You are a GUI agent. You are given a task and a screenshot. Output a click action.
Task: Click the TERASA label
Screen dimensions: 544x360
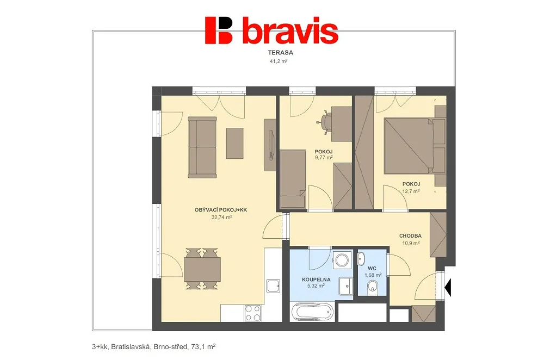(280, 53)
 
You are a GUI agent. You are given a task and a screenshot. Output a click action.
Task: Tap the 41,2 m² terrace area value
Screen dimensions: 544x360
(279, 61)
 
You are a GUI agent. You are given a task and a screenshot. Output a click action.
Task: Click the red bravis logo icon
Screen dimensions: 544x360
(218, 30)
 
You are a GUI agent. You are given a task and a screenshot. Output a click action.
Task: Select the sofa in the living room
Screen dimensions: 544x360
(202, 147)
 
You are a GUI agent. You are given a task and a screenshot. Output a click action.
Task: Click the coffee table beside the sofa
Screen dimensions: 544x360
(235, 143)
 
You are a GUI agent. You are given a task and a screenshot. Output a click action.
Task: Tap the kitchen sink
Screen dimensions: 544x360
(274, 286)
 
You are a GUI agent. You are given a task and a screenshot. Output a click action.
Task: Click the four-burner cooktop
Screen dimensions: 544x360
(253, 313)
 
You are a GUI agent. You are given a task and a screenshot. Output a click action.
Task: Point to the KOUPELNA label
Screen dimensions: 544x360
(316, 280)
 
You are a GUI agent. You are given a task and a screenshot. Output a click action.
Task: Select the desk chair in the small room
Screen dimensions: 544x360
(325, 122)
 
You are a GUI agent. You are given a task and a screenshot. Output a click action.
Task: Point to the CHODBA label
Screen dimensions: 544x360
(410, 236)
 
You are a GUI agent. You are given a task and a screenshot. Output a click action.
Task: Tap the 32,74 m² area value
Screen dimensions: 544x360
(222, 218)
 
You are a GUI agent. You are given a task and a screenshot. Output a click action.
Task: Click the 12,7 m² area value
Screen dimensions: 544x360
(411, 191)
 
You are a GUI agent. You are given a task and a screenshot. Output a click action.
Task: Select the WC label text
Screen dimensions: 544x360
(372, 269)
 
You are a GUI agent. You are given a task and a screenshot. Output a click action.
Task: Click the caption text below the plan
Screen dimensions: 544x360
(154, 346)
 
